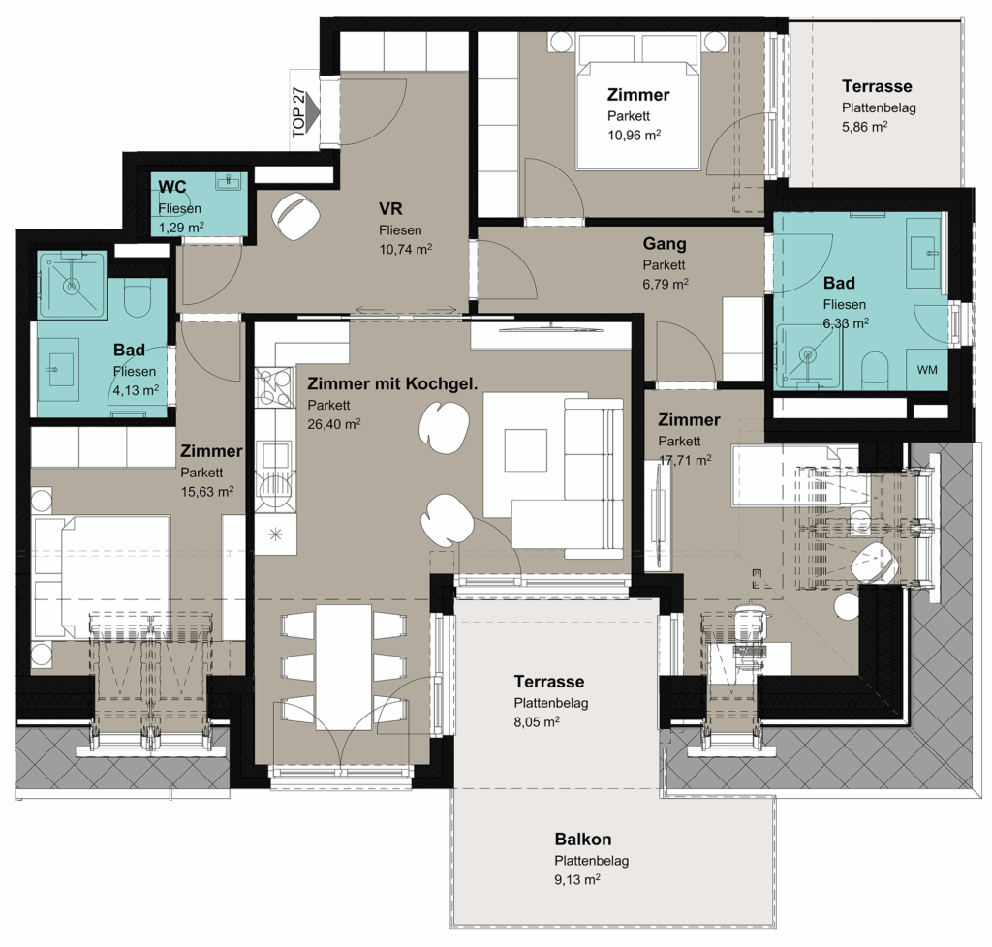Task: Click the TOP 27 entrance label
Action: pyautogui.click(x=298, y=112)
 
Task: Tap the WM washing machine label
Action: pyautogui.click(x=927, y=370)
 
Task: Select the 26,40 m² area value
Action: pyautogui.click(x=334, y=423)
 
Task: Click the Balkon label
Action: pyautogui.click(x=582, y=839)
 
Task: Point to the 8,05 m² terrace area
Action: pyautogui.click(x=537, y=721)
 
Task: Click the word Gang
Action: pyautogui.click(x=665, y=243)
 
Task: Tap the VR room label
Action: pyautogui.click(x=390, y=208)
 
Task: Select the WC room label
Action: pyautogui.click(x=172, y=187)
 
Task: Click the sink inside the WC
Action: pyautogui.click(x=229, y=181)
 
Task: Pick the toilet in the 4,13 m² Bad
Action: pyautogui.click(x=138, y=301)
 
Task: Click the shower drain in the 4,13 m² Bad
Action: pyautogui.click(x=71, y=287)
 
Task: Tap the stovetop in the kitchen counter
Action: pyautogui.click(x=275, y=387)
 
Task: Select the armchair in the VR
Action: pyautogui.click(x=296, y=216)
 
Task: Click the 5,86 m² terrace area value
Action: pyautogui.click(x=864, y=127)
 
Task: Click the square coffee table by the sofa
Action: pyautogui.click(x=525, y=449)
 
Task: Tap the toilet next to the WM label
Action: pyautogui.click(x=877, y=368)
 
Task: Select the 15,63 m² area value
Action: pyautogui.click(x=207, y=491)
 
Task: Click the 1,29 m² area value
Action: pyautogui.click(x=181, y=228)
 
